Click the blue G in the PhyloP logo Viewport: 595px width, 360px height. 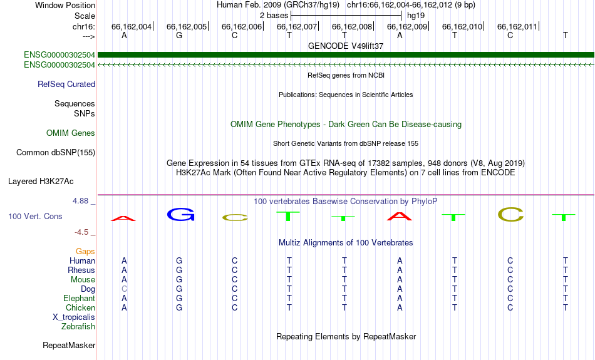(180, 214)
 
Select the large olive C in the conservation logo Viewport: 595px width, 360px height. (510, 214)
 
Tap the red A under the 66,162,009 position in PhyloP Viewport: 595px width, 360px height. (399, 216)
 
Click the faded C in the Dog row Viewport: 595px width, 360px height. (124, 289)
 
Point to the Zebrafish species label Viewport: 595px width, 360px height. (78, 327)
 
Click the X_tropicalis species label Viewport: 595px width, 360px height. (74, 317)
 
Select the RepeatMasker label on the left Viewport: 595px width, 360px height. (69, 345)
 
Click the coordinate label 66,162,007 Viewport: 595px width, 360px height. (297, 26)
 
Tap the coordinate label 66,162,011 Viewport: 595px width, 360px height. (517, 26)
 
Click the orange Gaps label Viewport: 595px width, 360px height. (85, 252)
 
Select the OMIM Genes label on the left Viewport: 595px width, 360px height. (71, 133)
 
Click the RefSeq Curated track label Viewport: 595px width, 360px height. (66, 85)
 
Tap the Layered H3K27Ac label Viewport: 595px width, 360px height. (41, 182)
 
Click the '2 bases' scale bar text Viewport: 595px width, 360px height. (274, 16)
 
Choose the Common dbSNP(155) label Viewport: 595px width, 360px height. (56, 153)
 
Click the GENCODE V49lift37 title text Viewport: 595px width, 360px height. (346, 46)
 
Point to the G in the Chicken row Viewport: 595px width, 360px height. (179, 307)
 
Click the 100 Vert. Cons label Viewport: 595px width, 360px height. (35, 216)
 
